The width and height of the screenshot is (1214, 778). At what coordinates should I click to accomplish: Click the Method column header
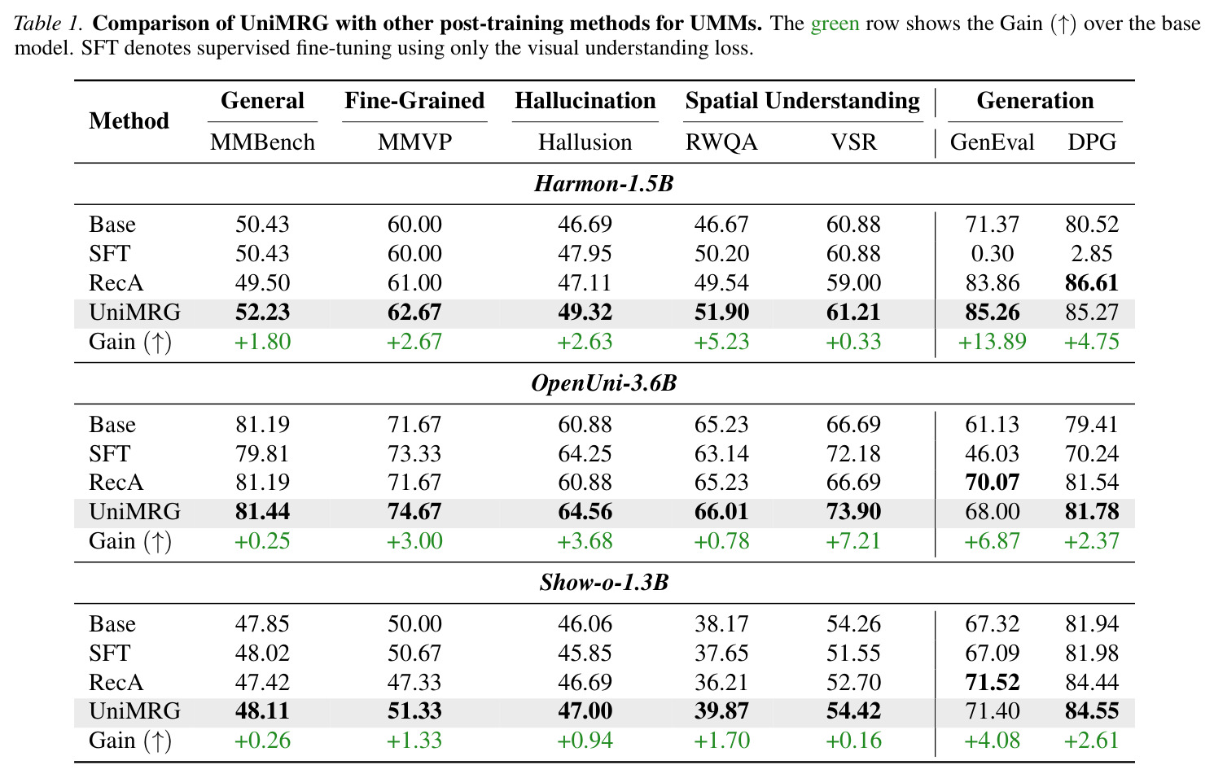[x=129, y=120]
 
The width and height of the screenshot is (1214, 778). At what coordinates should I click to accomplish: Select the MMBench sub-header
[x=262, y=142]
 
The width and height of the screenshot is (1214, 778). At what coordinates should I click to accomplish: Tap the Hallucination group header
[x=585, y=101]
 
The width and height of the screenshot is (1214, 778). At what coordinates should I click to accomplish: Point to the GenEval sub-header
[x=992, y=142]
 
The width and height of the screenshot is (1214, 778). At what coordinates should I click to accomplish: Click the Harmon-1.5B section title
[x=604, y=184]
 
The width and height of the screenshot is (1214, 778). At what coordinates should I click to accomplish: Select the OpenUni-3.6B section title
[x=604, y=383]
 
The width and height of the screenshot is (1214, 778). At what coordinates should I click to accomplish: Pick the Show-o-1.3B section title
[x=604, y=583]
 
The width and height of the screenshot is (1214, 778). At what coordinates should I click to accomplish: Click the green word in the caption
[x=835, y=24]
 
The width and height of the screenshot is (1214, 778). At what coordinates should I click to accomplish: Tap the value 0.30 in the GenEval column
[x=992, y=254]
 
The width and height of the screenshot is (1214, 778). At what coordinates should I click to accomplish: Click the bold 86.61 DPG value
[x=1092, y=283]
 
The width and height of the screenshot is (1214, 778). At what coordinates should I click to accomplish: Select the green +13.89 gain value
[x=992, y=342]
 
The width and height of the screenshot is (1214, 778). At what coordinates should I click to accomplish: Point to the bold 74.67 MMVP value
[x=414, y=511]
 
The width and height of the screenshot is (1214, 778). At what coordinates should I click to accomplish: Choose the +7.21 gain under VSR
[x=853, y=541]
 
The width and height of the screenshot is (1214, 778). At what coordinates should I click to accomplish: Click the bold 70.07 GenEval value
[x=992, y=483]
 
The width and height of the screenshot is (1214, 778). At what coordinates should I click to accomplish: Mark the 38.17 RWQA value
[x=721, y=624]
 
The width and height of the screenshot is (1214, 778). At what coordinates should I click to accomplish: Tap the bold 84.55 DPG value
[x=1092, y=710]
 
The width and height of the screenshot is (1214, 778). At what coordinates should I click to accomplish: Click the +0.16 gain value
[x=853, y=741]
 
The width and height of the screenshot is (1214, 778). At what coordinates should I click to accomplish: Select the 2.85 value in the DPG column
[x=1092, y=254]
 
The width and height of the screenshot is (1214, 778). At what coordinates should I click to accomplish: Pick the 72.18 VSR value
[x=853, y=453]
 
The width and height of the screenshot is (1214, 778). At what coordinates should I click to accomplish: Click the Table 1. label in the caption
[x=48, y=24]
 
